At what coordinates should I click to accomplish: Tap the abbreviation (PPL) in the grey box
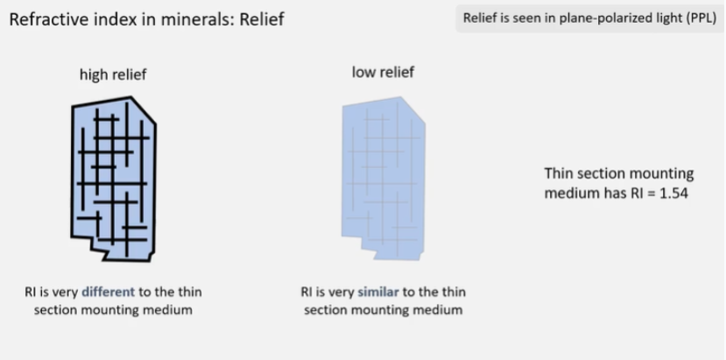tap(691, 18)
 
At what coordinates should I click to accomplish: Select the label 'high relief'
tap(113, 74)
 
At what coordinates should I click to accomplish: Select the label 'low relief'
tap(383, 72)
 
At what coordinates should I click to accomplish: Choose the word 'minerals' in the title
tap(191, 19)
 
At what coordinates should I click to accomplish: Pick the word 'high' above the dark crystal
tap(94, 74)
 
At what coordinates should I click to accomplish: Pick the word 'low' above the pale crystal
tap(363, 72)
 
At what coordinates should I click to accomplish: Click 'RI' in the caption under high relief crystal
tap(31, 292)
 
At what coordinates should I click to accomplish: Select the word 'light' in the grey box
tap(658, 18)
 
